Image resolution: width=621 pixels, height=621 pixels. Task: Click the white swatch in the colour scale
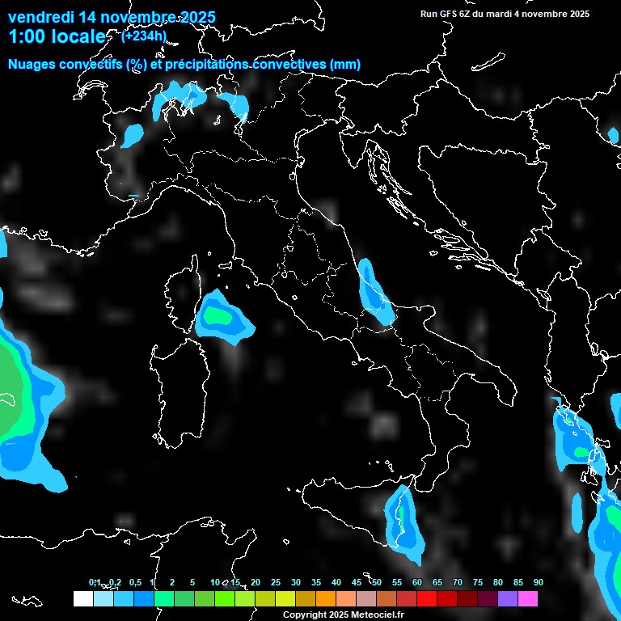click(82, 599)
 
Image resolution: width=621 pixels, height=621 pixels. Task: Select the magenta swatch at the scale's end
click(528, 599)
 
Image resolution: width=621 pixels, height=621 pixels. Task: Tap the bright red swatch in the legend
click(427, 599)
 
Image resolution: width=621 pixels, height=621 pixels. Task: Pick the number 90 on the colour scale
click(538, 582)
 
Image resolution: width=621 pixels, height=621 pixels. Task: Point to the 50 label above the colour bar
click(377, 582)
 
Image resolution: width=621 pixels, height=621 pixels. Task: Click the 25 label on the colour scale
click(276, 582)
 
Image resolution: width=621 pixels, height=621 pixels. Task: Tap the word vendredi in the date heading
click(40, 17)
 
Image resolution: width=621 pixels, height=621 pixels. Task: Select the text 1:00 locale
click(57, 36)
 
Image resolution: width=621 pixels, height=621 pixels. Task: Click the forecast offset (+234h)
click(143, 36)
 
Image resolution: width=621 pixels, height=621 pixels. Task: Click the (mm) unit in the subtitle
click(345, 65)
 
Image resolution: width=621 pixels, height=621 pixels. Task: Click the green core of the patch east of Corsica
click(217, 315)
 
